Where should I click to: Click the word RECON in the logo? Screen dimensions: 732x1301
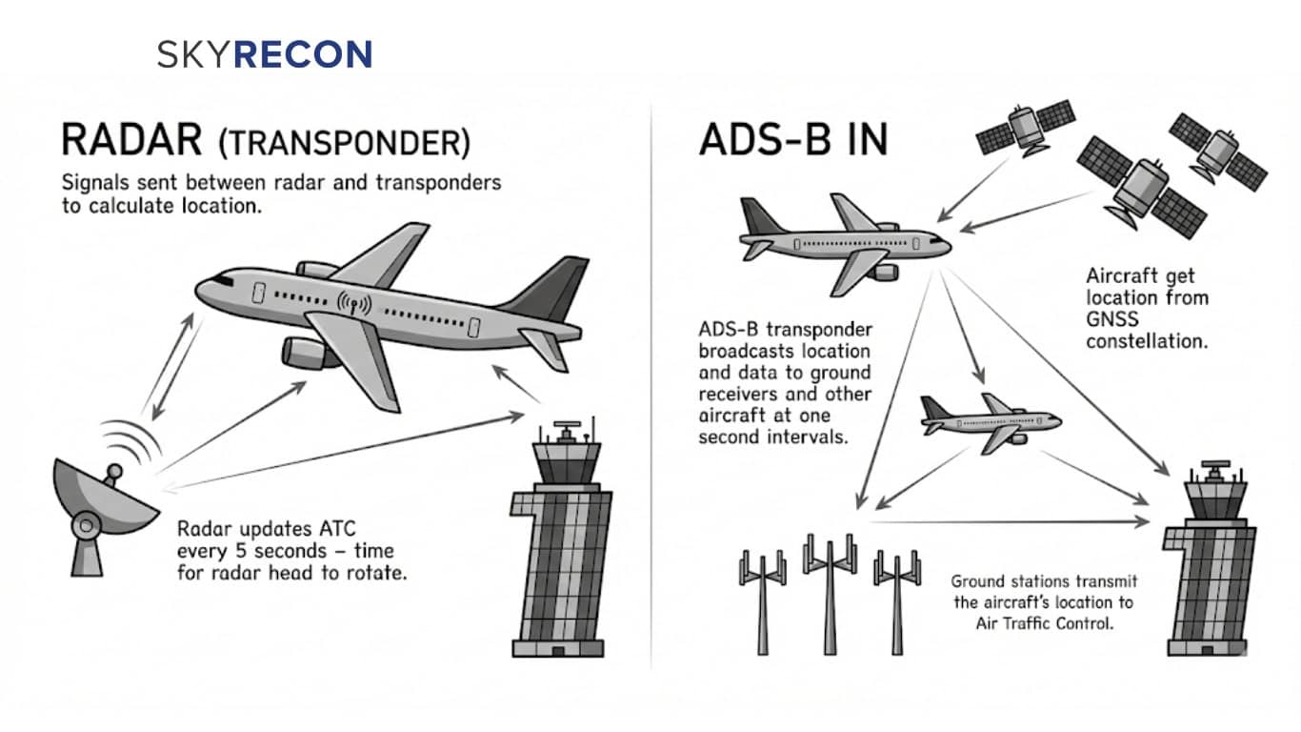pyautogui.click(x=303, y=54)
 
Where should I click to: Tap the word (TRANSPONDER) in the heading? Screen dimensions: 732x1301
pyautogui.click(x=344, y=142)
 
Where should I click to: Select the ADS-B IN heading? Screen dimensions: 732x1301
pyautogui.click(x=792, y=140)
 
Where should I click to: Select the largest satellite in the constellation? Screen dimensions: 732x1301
pyautogui.click(x=1139, y=186)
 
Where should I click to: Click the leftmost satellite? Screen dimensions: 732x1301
pyautogui.click(x=1026, y=127)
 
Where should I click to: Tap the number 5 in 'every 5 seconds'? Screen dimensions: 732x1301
pyautogui.click(x=242, y=551)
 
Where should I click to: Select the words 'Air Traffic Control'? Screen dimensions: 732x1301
pyautogui.click(x=1042, y=623)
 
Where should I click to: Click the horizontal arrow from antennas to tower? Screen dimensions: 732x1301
pyautogui.click(x=1010, y=520)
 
